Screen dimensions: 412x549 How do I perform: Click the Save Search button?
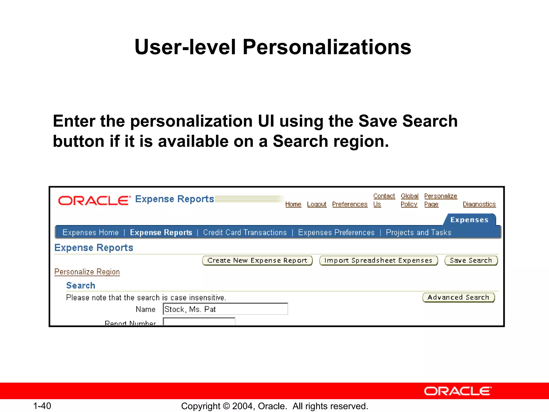(471, 260)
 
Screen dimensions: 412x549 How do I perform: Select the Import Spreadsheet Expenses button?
(378, 260)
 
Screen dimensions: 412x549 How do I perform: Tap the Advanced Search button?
(458, 297)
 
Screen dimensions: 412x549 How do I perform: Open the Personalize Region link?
(87, 272)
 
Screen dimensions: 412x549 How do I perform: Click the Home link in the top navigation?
(293, 204)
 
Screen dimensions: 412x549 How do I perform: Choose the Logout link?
(317, 204)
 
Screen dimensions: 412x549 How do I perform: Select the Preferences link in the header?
(350, 204)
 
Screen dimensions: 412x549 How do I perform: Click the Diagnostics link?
(479, 204)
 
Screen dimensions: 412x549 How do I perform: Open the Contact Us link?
(384, 200)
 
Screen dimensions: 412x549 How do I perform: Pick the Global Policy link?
(409, 200)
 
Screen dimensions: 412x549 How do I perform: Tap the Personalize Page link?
(440, 200)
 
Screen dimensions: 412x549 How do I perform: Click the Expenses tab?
(469, 220)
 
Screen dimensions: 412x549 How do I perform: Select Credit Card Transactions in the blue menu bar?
(245, 233)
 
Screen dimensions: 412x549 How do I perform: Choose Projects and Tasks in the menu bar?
(418, 233)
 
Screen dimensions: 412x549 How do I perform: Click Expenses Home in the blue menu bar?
(91, 233)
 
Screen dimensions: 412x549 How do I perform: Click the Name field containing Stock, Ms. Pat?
(225, 309)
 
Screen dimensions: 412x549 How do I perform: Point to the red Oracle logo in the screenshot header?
(94, 200)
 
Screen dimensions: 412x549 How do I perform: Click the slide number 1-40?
(42, 406)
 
